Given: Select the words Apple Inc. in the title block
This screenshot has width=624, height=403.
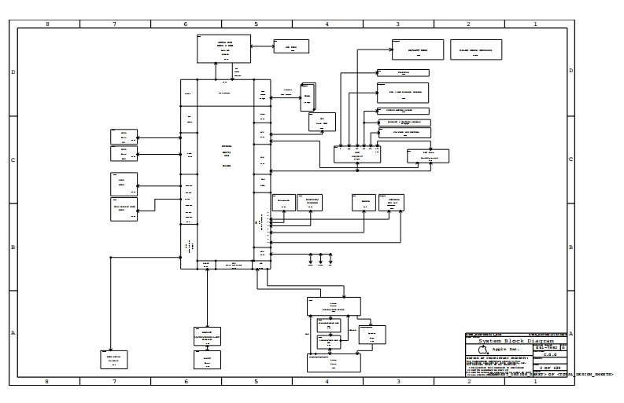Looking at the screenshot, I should [505, 350].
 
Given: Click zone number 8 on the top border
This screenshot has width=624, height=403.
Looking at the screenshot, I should [47, 24].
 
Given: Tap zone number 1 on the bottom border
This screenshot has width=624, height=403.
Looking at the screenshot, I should [535, 381].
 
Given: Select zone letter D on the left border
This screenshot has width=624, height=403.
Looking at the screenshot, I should [13, 72].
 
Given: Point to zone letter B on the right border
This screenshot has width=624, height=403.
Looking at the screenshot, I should [570, 247].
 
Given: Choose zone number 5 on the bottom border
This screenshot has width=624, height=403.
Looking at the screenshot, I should [256, 381].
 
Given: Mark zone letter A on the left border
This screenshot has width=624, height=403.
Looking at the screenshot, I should [13, 333].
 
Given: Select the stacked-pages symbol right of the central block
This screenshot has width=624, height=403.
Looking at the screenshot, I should [308, 96].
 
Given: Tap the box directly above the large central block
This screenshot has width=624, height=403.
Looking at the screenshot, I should [223, 48].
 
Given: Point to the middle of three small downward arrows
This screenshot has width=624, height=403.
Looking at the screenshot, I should [321, 258].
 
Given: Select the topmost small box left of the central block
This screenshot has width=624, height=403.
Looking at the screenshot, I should [124, 135].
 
